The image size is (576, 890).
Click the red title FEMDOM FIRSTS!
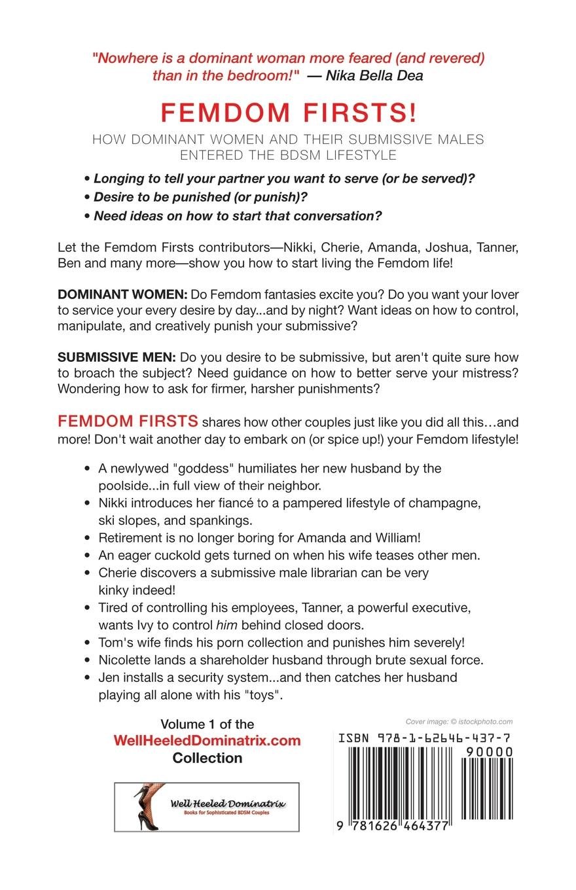(x=288, y=113)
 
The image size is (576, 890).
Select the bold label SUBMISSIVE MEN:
(x=117, y=357)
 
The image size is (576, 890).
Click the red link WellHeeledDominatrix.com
(x=207, y=741)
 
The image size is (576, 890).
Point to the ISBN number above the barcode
(x=424, y=738)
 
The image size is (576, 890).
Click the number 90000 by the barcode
(x=488, y=753)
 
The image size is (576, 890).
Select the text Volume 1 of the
(x=207, y=724)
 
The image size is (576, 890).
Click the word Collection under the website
(x=207, y=758)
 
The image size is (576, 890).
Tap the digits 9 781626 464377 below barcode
(x=393, y=826)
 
